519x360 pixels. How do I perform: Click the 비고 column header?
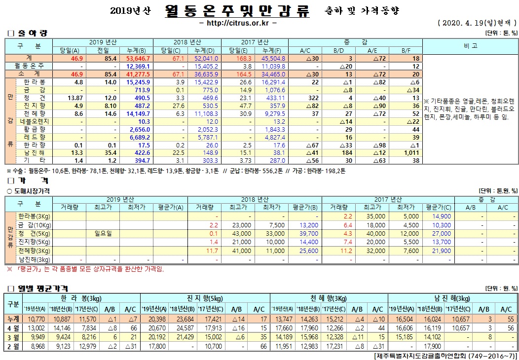[x=470, y=46]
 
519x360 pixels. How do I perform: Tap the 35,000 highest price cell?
[x=374, y=216]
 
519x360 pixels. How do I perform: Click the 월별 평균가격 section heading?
[x=37, y=288]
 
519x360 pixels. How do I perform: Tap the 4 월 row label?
[x=13, y=327]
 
